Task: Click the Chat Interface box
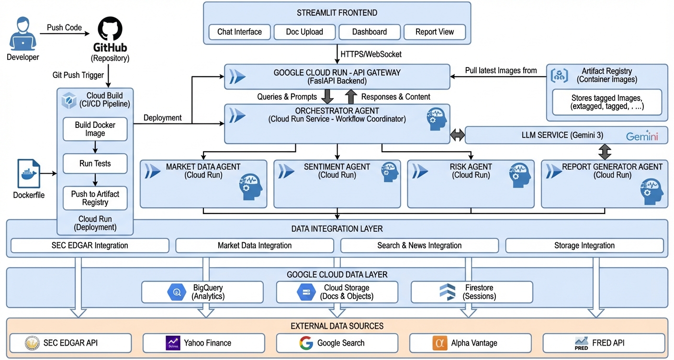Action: coord(239,32)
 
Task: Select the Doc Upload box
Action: coord(304,32)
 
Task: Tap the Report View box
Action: coord(435,32)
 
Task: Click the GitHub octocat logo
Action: coord(110,28)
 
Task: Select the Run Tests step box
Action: coord(95,164)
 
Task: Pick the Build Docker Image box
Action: coord(95,129)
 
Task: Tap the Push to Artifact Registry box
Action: coord(95,198)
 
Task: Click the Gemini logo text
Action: coord(642,136)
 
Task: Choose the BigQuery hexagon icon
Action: coord(176,292)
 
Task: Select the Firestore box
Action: coord(472,292)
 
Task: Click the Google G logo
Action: coord(306,343)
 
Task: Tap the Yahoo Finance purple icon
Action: coord(173,343)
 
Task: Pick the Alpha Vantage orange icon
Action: coord(439,343)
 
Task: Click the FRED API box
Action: coord(604,343)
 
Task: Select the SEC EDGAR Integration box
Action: coord(90,246)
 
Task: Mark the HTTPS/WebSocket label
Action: coord(371,54)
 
